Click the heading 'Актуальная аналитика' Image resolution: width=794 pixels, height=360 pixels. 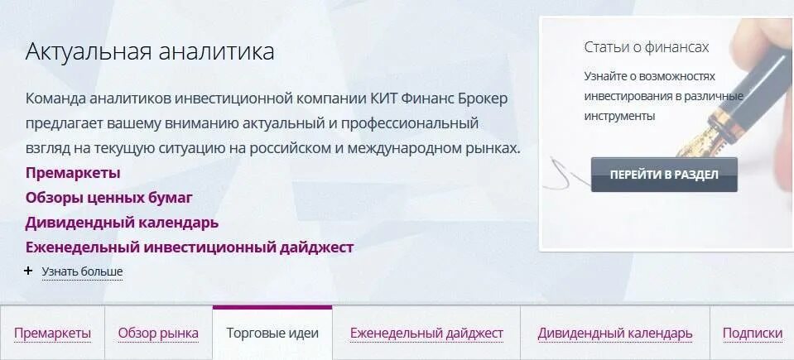coord(150,52)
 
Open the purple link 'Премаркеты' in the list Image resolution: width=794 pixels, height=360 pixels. coord(73,173)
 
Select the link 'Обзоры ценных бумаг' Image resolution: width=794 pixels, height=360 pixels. coord(108,198)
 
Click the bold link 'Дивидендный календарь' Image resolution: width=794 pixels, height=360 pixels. coord(122,223)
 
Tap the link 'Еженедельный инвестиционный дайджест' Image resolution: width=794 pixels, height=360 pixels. coord(190,247)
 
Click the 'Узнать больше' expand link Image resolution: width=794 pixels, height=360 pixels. coord(82,271)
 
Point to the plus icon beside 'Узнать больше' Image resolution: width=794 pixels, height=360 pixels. coord(29,271)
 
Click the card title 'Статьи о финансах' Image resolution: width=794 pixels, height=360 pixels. coord(646,47)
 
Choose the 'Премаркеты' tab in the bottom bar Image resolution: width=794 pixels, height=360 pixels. coord(52,334)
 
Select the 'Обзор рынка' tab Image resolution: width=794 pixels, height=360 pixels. coord(158,334)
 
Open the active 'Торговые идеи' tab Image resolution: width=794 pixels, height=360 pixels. coord(272,334)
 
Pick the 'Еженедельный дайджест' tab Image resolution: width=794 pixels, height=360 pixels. coord(426,334)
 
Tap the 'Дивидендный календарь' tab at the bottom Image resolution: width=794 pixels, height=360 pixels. coord(614,334)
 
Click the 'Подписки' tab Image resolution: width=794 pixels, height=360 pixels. coord(752,334)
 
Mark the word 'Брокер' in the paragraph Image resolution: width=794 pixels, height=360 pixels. coord(484,98)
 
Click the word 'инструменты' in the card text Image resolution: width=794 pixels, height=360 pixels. coord(619,116)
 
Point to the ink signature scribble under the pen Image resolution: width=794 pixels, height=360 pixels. coord(565,173)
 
